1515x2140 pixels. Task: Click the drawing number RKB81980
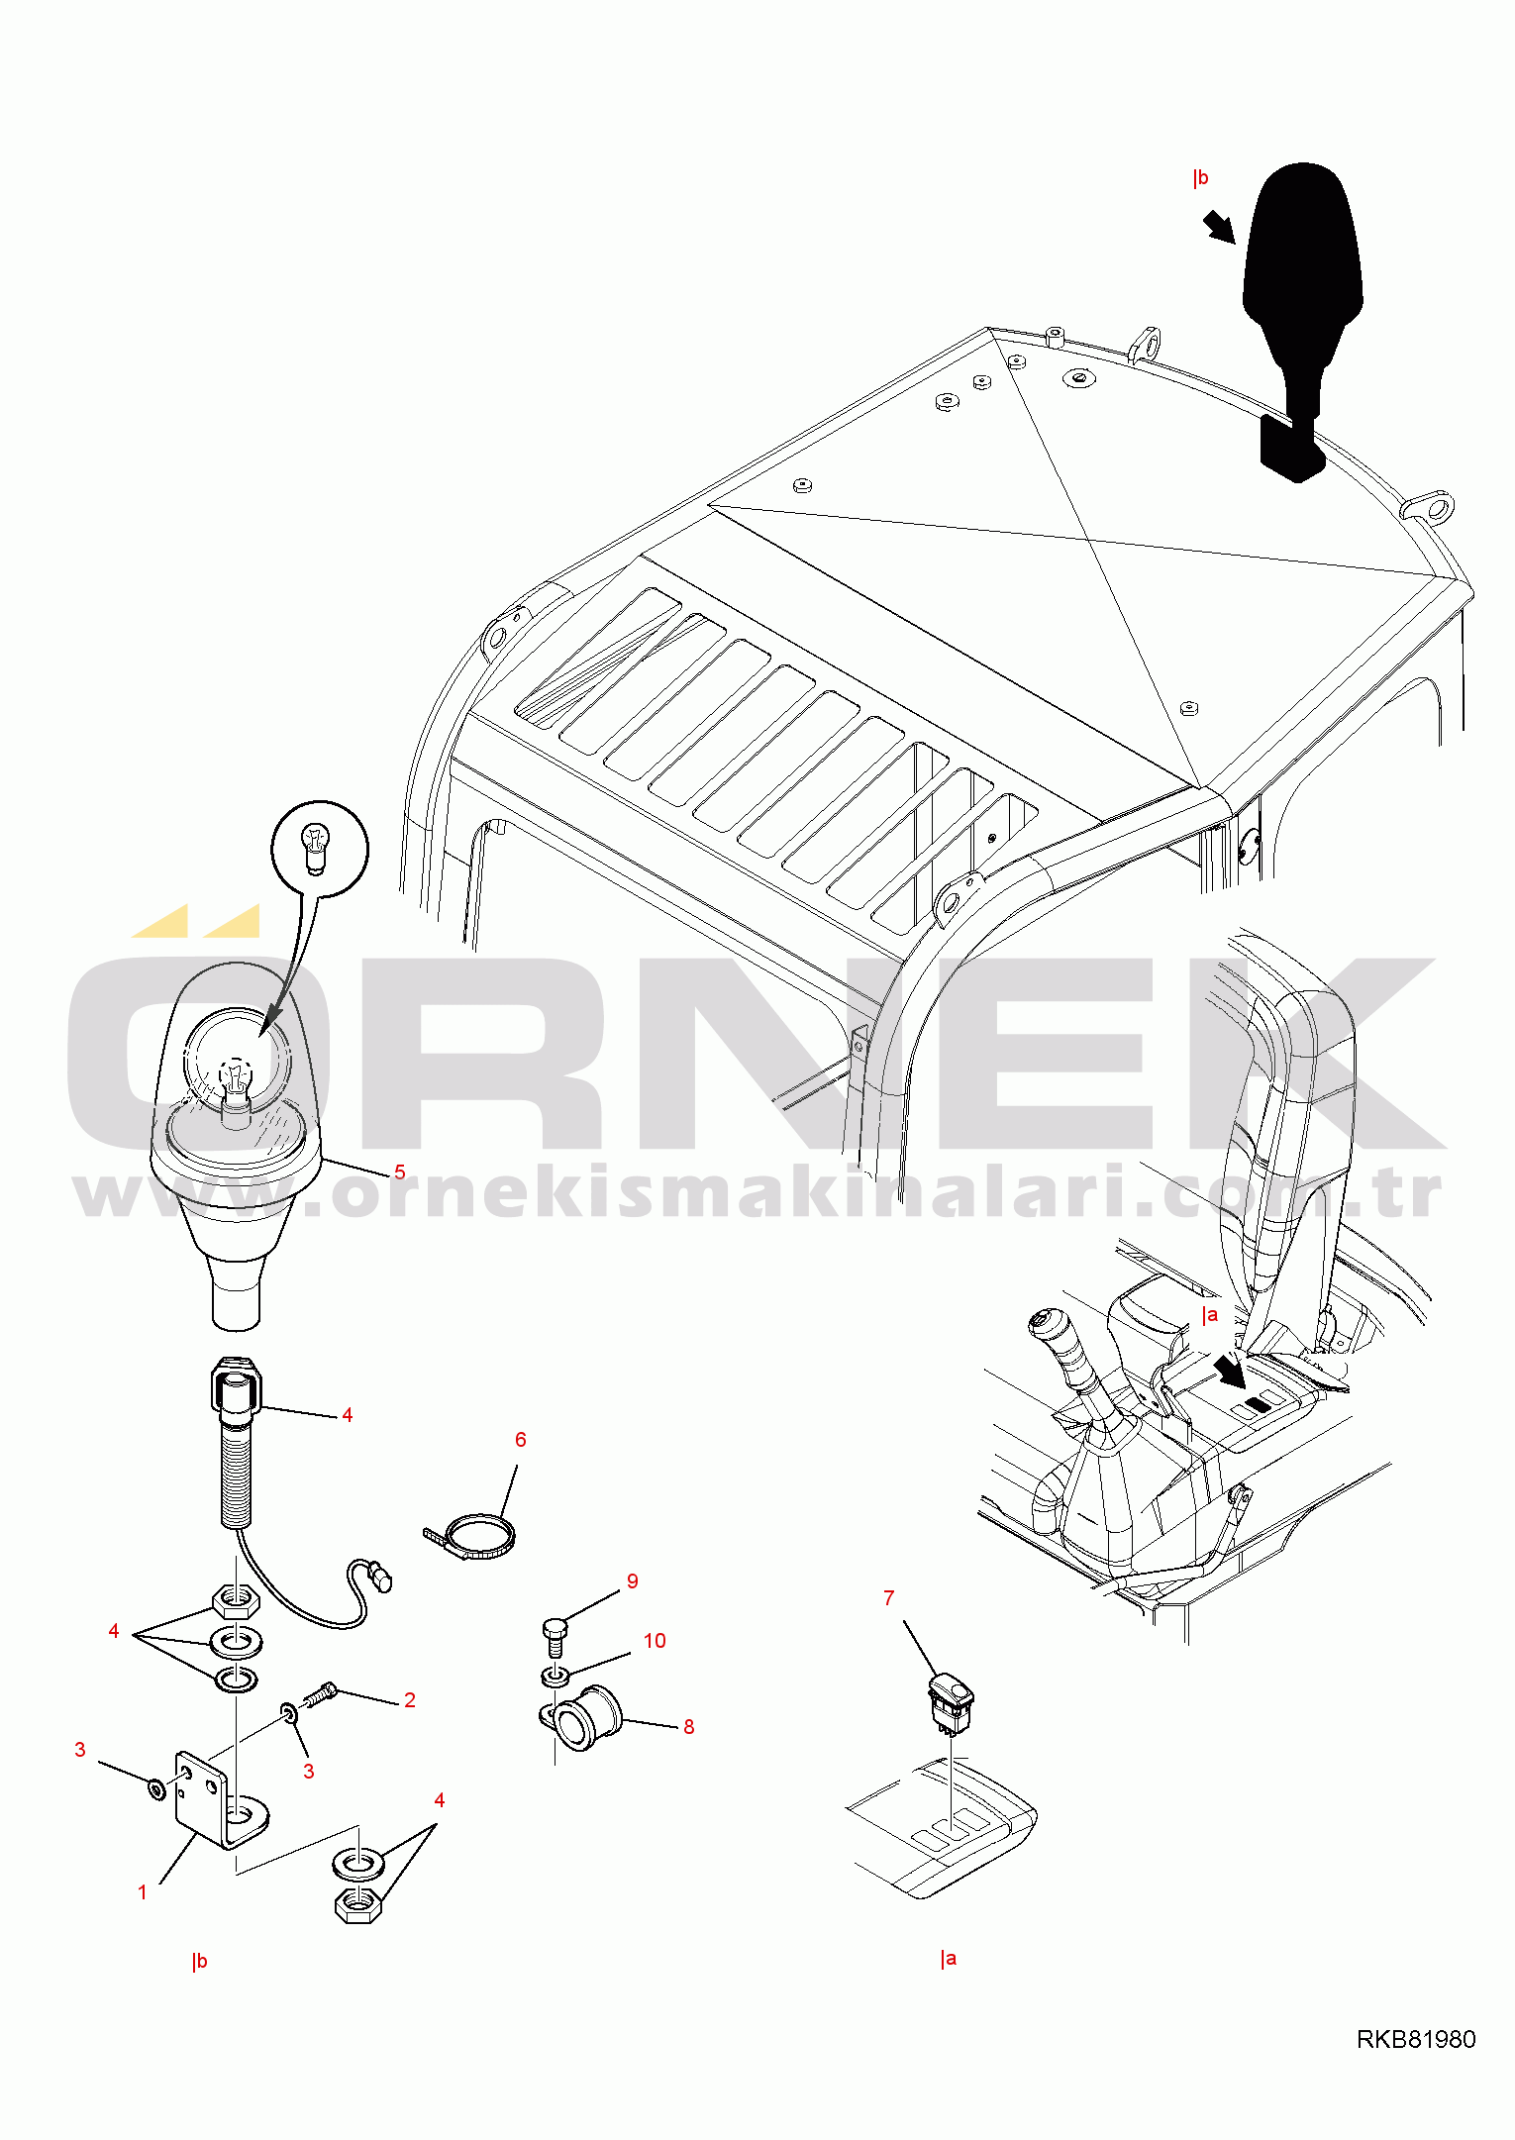[x=1415, y=2038]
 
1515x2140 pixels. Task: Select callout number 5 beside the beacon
[x=400, y=1172]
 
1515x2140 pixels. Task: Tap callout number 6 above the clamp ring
[x=521, y=1439]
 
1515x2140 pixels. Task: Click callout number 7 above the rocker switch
[x=888, y=1597]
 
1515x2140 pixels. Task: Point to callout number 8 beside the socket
[x=688, y=1726]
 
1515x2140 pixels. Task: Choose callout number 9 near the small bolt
[x=632, y=1580]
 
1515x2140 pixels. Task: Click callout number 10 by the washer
[x=655, y=1640]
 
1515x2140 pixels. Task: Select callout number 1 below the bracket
[x=142, y=1891]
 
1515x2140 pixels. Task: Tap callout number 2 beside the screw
[x=409, y=1699]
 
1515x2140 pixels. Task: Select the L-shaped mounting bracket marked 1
[x=220, y=1803]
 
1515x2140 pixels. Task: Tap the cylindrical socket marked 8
[x=586, y=1718]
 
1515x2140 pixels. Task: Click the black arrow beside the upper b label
[x=1220, y=227]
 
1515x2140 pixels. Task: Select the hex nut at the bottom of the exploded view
[x=358, y=1904]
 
